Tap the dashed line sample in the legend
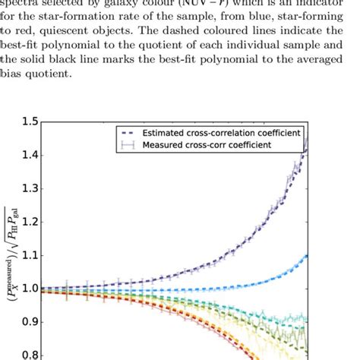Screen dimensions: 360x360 (x=125, y=131)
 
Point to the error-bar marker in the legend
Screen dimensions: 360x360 (x=125, y=144)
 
